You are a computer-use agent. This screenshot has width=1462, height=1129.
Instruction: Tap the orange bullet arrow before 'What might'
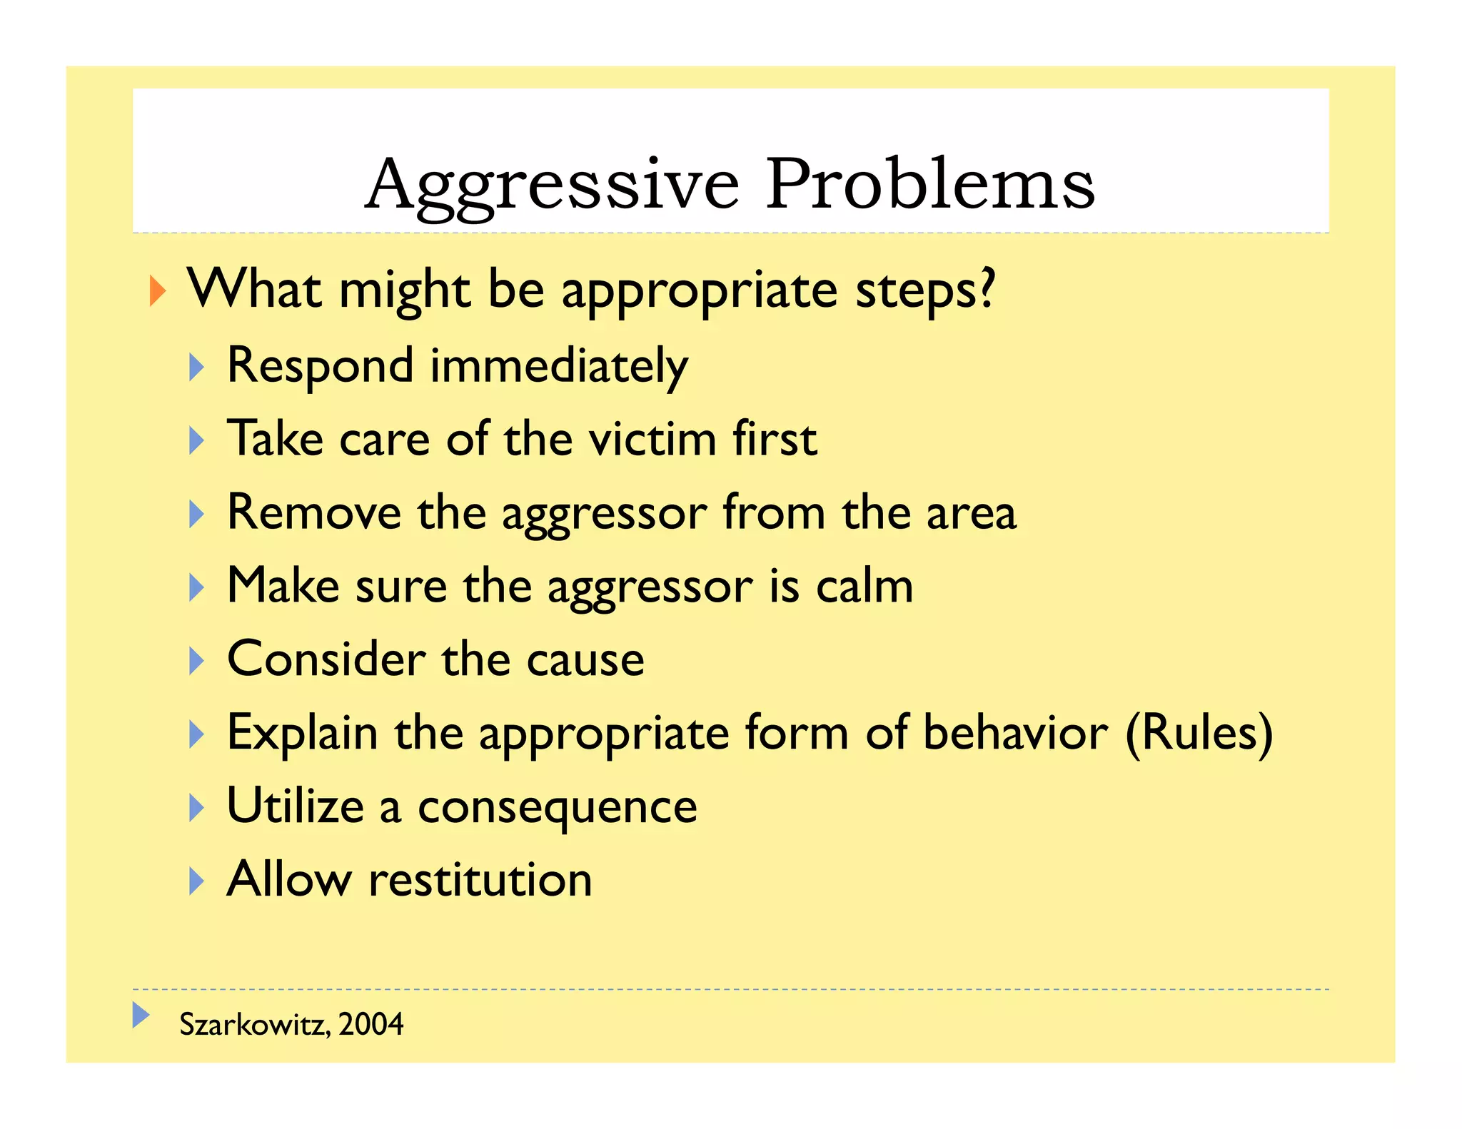click(x=158, y=291)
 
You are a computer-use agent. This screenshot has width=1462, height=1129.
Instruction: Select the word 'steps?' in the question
click(x=924, y=291)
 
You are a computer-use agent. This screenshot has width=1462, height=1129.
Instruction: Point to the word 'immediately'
click(x=558, y=366)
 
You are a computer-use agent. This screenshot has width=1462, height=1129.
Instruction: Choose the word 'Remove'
click(x=314, y=512)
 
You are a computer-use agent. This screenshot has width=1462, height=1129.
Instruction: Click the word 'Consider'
click(x=326, y=659)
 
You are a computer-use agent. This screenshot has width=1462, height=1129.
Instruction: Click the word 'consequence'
click(x=557, y=807)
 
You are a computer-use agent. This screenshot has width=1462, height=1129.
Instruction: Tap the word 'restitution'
click(x=480, y=880)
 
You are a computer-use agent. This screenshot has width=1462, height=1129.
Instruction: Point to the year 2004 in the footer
click(x=370, y=1025)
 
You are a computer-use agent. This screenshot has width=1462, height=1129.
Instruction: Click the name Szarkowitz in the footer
click(x=253, y=1025)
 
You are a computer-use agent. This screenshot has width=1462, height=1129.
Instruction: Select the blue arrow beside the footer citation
click(x=141, y=1015)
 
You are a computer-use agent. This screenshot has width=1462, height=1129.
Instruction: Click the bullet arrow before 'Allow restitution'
click(x=196, y=881)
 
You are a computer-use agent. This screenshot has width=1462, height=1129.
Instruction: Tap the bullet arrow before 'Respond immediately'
click(x=196, y=368)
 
